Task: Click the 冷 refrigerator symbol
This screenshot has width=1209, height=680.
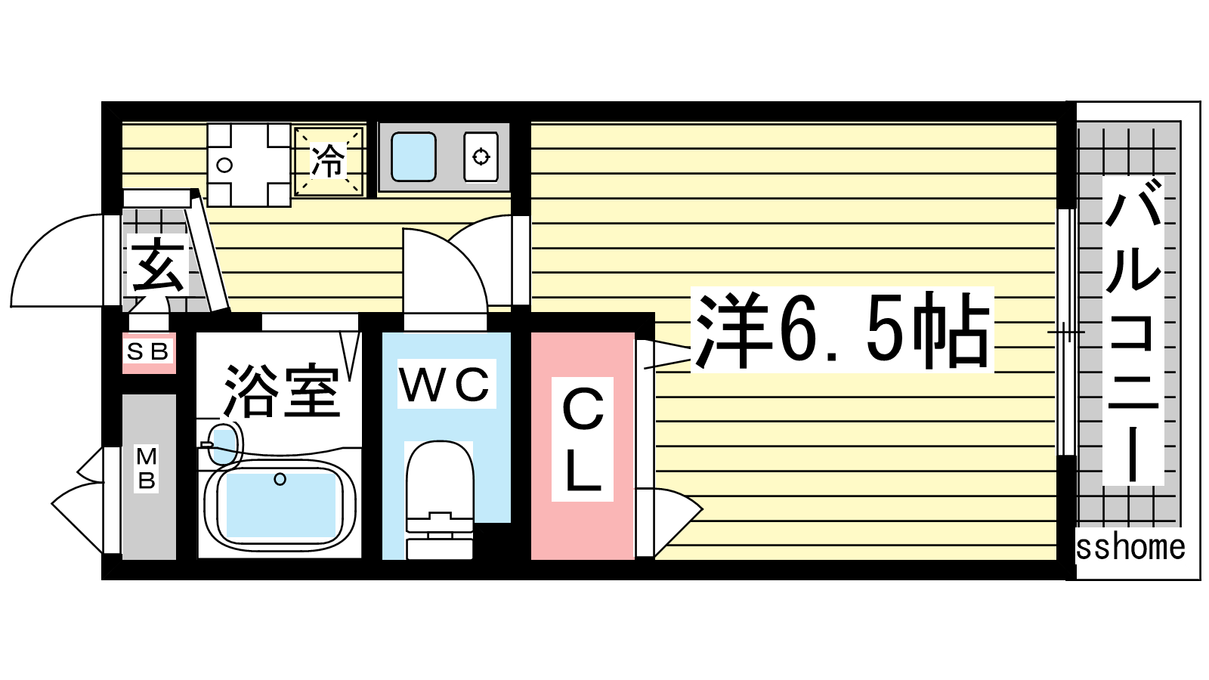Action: click(329, 161)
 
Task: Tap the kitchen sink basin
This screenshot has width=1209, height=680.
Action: click(413, 156)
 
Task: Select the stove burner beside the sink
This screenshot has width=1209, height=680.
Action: click(481, 156)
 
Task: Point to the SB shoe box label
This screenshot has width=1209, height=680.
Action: click(149, 352)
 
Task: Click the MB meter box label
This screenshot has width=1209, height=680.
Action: click(147, 468)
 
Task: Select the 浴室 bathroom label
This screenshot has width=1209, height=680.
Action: click(281, 391)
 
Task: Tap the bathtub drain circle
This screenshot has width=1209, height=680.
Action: click(280, 479)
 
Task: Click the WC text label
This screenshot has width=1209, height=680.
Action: click(445, 385)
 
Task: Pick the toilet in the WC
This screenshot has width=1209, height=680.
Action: click(439, 491)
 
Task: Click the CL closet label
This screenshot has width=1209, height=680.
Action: click(583, 440)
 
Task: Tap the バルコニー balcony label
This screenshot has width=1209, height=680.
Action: click(1133, 331)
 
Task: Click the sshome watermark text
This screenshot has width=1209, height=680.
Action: click(1130, 548)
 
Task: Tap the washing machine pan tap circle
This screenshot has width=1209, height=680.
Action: click(224, 165)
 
